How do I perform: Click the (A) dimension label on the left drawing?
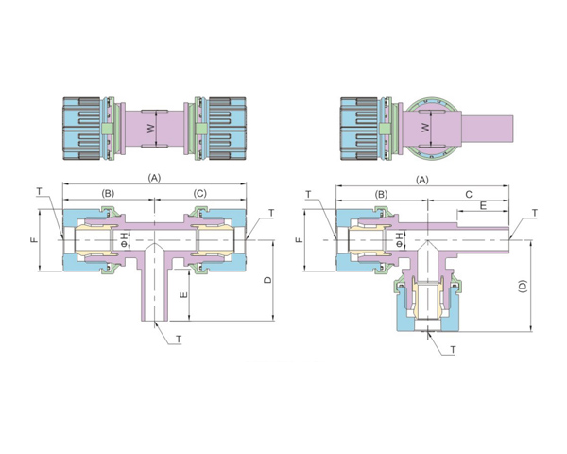[154, 178]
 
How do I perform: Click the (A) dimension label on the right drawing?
[422, 180]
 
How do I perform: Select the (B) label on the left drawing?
[108, 193]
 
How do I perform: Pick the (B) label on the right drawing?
[381, 195]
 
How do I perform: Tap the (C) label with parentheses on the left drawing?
[199, 193]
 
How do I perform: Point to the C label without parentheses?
[469, 195]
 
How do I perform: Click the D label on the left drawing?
[268, 280]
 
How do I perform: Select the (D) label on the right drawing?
[524, 287]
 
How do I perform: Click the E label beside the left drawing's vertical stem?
[183, 295]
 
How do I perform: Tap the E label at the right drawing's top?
[483, 205]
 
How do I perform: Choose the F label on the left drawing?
[35, 239]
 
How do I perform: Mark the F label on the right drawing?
[299, 239]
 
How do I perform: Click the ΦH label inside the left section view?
[124, 239]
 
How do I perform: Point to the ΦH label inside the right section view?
[399, 239]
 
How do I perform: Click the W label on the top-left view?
[151, 129]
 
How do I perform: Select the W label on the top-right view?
[425, 128]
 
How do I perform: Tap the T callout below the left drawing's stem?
[179, 339]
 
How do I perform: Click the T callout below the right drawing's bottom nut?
[453, 350]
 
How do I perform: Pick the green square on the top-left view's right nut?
[200, 129]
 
